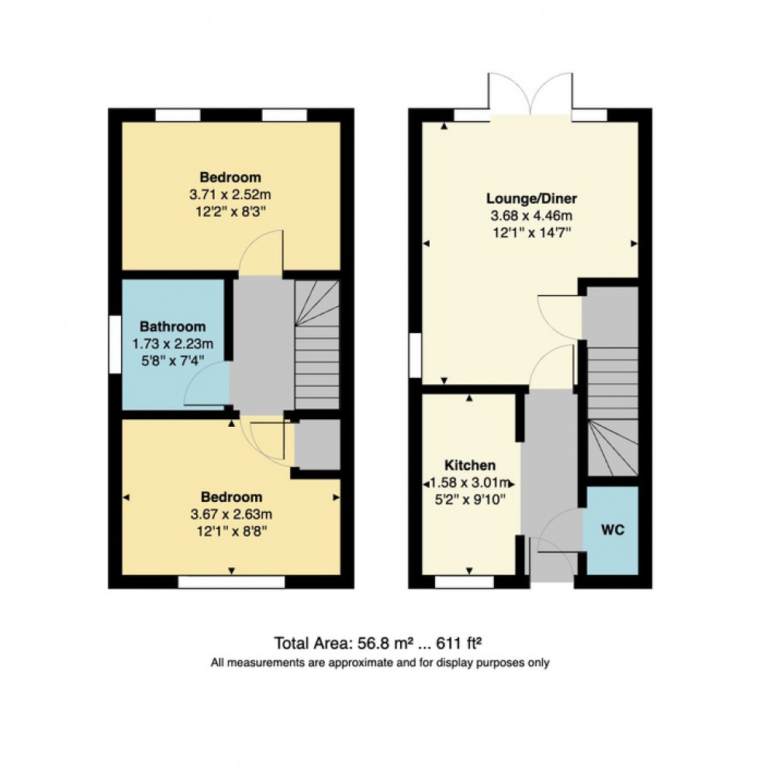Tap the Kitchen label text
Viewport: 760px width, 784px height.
pyautogui.click(x=469, y=466)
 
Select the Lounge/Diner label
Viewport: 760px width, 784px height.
pyautogui.click(x=532, y=198)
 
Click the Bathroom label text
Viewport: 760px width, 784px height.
pyautogui.click(x=173, y=326)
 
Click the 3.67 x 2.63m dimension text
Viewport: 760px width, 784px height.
pyautogui.click(x=232, y=514)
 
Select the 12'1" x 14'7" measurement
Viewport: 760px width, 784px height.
pyautogui.click(x=532, y=232)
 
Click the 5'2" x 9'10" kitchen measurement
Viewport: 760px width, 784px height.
pyautogui.click(x=469, y=500)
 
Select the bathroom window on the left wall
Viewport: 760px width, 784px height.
pyautogui.click(x=115, y=345)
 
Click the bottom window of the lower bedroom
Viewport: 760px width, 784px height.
pyautogui.click(x=231, y=582)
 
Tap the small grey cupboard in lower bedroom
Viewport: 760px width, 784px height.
pyautogui.click(x=316, y=444)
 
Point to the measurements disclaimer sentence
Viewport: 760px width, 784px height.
pyautogui.click(x=379, y=663)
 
